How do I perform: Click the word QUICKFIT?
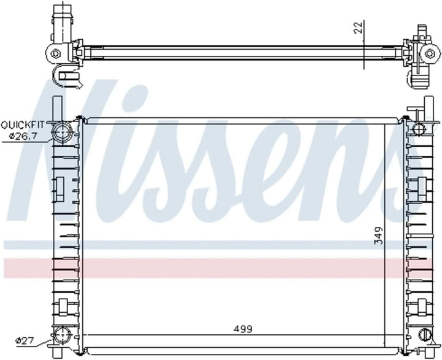click(x=21, y=124)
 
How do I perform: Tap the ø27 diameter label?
click(x=25, y=339)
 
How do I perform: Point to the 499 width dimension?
click(x=243, y=329)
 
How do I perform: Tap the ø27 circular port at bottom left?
click(x=63, y=335)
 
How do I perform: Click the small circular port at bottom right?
click(x=424, y=335)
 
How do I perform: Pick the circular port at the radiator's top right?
click(x=419, y=129)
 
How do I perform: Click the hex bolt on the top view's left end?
click(x=55, y=53)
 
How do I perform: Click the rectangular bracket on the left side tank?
click(x=61, y=186)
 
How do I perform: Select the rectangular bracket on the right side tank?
click(x=423, y=185)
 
